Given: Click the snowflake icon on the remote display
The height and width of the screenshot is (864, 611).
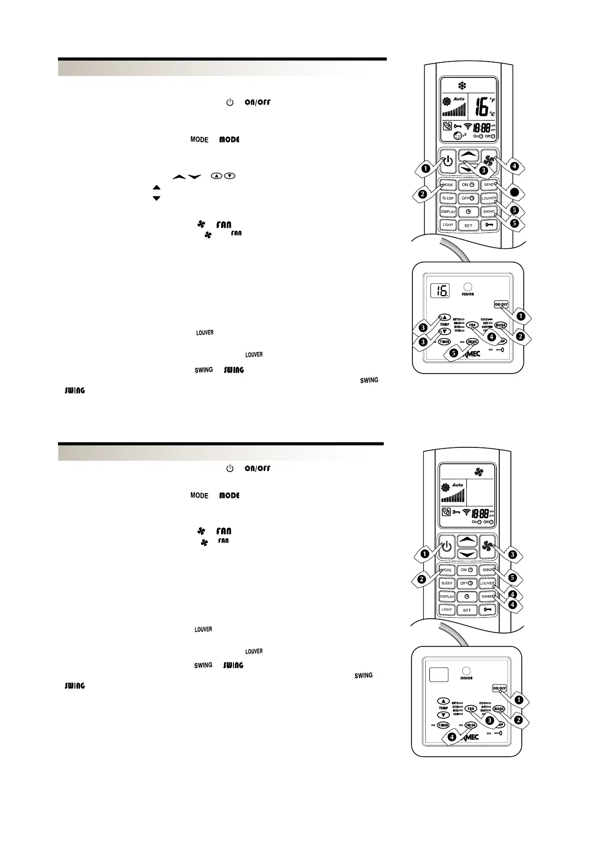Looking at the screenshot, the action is point(461,86).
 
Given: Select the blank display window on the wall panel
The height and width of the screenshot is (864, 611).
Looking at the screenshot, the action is point(436,674).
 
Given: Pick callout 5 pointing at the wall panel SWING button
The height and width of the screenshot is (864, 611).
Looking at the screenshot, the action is point(453,354).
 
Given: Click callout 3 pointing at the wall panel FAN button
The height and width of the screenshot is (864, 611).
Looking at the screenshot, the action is point(489,720).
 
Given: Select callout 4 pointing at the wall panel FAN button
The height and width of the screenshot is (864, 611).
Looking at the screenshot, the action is point(491,337).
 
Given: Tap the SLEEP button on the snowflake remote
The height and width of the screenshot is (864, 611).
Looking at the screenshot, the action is point(448,198).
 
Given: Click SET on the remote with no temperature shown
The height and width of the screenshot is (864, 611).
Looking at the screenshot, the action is point(467,610).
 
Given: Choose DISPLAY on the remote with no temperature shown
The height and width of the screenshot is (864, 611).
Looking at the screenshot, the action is point(447,597).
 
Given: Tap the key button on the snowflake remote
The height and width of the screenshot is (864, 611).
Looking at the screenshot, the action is point(489,225).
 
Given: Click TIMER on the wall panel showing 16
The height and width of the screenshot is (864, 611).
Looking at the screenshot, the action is point(444,342).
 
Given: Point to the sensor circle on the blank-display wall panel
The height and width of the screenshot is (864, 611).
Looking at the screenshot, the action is point(466,671).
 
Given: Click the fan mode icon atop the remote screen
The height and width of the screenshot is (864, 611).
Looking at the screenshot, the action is point(479,472).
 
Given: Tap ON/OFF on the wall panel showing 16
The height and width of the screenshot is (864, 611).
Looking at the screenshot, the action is point(501,304).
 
